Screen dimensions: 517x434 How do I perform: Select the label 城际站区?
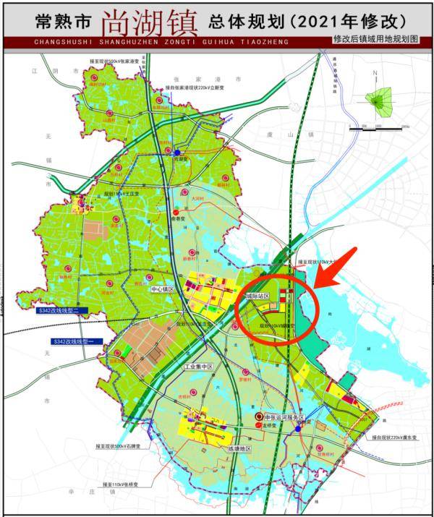point(256,297)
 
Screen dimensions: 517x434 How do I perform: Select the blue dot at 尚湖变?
point(176,153)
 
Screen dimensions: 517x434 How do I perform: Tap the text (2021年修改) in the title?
point(325,21)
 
